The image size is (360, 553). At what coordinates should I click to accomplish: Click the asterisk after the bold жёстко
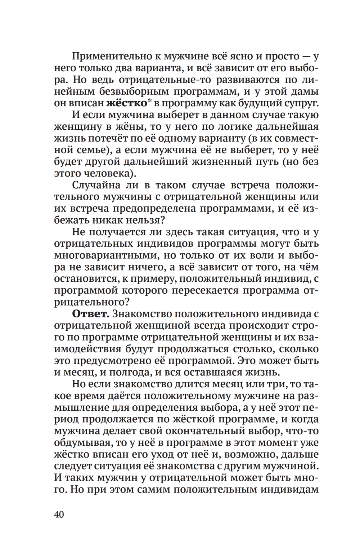[149, 101]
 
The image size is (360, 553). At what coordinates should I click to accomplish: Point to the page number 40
[59, 514]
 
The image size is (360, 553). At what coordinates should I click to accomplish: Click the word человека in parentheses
[112, 173]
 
